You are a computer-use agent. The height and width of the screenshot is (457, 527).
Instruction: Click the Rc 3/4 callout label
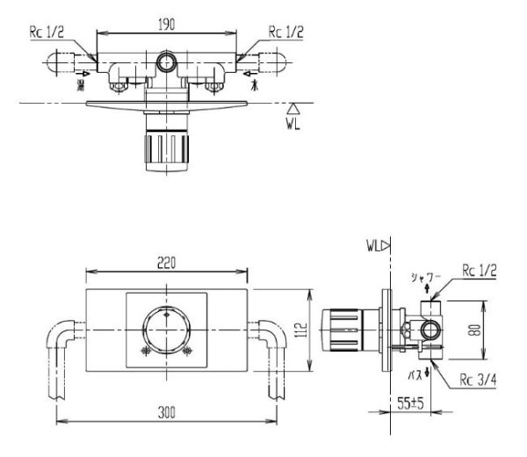pyautogui.click(x=478, y=381)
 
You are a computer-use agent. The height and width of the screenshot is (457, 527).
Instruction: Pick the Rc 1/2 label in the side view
pyautogui.click(x=478, y=271)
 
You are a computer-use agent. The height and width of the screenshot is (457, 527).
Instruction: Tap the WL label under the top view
pyautogui.click(x=297, y=126)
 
